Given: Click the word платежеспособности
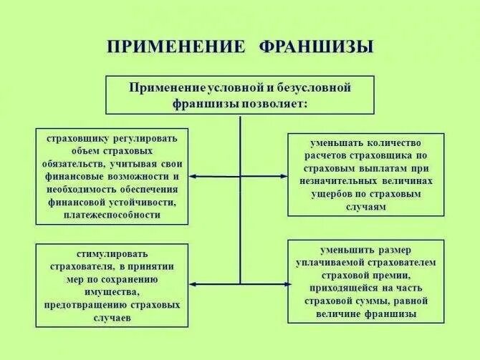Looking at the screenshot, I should [112, 215].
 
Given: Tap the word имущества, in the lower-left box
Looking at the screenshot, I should [112, 292].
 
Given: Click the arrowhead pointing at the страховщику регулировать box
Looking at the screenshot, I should [193, 175].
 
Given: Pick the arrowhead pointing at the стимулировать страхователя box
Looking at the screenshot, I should [193, 284].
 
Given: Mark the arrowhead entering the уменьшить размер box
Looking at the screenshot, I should [284, 284].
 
